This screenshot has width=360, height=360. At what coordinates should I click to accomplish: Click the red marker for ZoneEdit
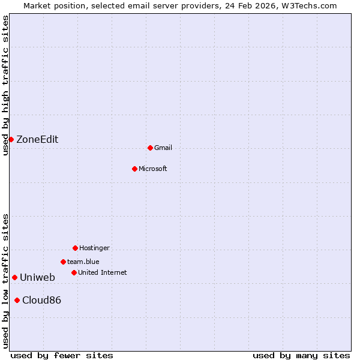[11, 139]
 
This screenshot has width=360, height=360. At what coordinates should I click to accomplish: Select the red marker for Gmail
[150, 148]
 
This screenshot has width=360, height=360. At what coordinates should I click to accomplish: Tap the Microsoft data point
[134, 169]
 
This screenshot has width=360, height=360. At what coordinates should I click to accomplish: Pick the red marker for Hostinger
[75, 248]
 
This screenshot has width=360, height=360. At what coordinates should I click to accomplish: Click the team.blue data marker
[63, 262]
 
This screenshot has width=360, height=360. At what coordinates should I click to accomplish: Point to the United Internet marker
[74, 272]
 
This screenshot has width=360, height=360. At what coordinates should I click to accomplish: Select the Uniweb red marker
[14, 277]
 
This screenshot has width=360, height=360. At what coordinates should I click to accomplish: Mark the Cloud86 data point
[17, 300]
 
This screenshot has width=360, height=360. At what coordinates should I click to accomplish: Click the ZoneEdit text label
[37, 139]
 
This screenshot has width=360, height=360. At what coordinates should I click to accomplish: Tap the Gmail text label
[163, 148]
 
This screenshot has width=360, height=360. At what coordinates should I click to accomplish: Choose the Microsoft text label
[153, 169]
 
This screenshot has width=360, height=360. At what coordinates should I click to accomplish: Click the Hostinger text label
[94, 248]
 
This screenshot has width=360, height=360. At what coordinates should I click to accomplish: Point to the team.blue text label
[83, 262]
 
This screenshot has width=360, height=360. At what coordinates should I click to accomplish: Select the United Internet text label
[103, 272]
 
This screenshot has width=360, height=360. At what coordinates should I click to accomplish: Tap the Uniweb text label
[37, 277]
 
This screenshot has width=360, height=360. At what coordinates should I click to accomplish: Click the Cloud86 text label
[41, 300]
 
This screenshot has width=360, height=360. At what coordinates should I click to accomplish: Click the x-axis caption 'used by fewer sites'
[62, 355]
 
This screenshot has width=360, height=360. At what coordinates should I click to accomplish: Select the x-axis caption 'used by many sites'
[301, 355]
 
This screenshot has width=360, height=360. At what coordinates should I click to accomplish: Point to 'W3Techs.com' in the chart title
[310, 5]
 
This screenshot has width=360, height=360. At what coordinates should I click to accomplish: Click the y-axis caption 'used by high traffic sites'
[5, 85]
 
